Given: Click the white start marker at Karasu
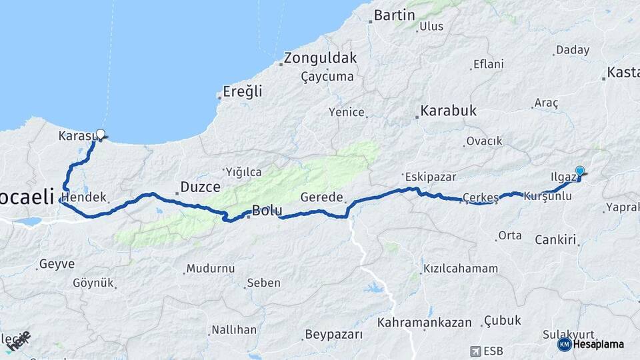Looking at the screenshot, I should (100, 134).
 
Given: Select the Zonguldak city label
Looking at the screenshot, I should (320, 58).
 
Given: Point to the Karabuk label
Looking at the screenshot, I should (448, 111).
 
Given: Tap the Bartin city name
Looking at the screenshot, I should (395, 15).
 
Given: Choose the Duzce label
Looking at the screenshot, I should (201, 187).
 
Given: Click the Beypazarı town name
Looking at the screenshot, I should (333, 334).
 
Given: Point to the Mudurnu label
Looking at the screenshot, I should (211, 269).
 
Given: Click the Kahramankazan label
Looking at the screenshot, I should (424, 323).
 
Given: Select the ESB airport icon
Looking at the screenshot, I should (475, 351).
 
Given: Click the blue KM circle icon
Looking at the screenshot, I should (564, 344).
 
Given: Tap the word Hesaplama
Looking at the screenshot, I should (598, 344).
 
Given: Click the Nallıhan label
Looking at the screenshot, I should (234, 330).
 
